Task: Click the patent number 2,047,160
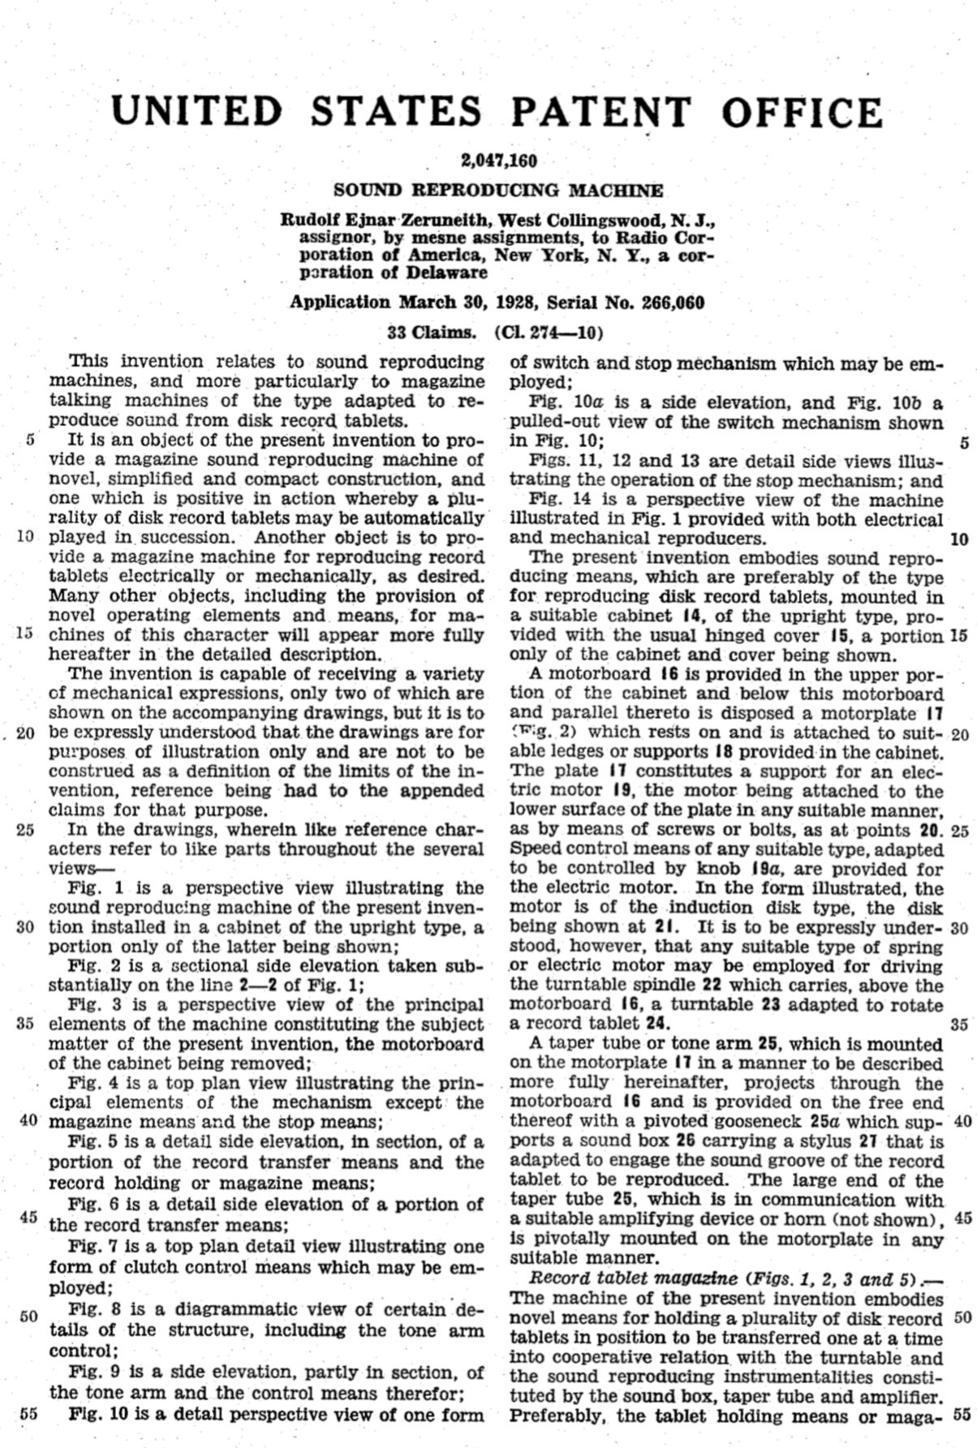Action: coord(499,161)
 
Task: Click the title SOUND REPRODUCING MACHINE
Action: coord(499,191)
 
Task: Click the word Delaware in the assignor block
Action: coord(445,273)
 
